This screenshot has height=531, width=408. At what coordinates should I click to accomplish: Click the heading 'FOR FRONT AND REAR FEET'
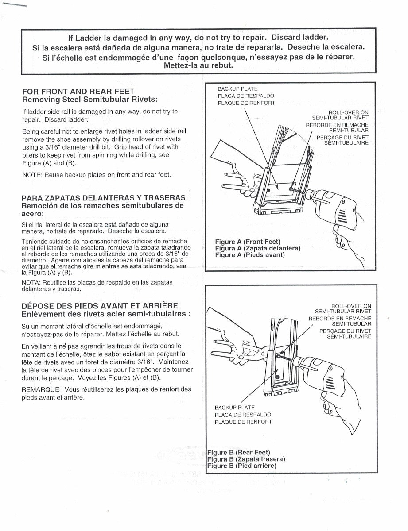[78, 92]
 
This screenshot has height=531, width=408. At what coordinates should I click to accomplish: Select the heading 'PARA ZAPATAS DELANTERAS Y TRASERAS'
[104, 198]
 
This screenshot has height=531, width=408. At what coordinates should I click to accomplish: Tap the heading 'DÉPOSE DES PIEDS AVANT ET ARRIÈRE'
[100, 306]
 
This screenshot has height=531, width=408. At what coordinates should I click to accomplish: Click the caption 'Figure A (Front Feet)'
[248, 242]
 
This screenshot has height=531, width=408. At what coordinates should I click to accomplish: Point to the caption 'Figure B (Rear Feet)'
[239, 452]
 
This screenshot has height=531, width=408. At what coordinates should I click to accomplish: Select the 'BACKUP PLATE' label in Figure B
[235, 408]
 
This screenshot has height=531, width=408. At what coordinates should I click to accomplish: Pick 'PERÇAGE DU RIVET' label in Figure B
[345, 331]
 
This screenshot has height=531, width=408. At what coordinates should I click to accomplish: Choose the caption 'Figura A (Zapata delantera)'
[257, 248]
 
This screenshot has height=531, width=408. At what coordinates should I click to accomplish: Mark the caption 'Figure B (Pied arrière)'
[242, 466]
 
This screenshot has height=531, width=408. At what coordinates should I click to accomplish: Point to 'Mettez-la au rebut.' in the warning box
[198, 65]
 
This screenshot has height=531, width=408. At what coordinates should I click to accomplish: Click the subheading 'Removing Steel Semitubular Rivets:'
[90, 99]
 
